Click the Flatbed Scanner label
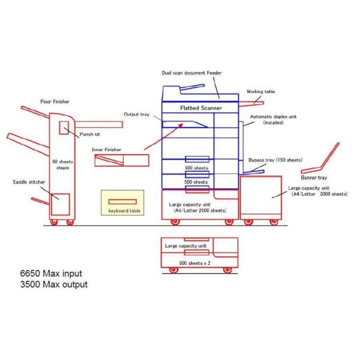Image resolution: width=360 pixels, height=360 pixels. [x=201, y=108]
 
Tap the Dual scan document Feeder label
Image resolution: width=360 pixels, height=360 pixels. [x=192, y=73]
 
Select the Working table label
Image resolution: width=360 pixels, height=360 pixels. [x=260, y=92]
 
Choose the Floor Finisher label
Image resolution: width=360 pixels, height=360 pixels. [x=55, y=102]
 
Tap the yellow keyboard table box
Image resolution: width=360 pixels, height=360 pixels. [x=123, y=203]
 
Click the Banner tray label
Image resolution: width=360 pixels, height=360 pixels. [x=314, y=178]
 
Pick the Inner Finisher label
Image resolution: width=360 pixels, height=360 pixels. [x=107, y=149]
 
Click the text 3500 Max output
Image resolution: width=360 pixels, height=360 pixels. [x=53, y=284]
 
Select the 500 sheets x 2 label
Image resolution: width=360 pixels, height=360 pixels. [x=194, y=263]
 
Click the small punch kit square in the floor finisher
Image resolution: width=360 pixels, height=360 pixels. [x=64, y=128]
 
